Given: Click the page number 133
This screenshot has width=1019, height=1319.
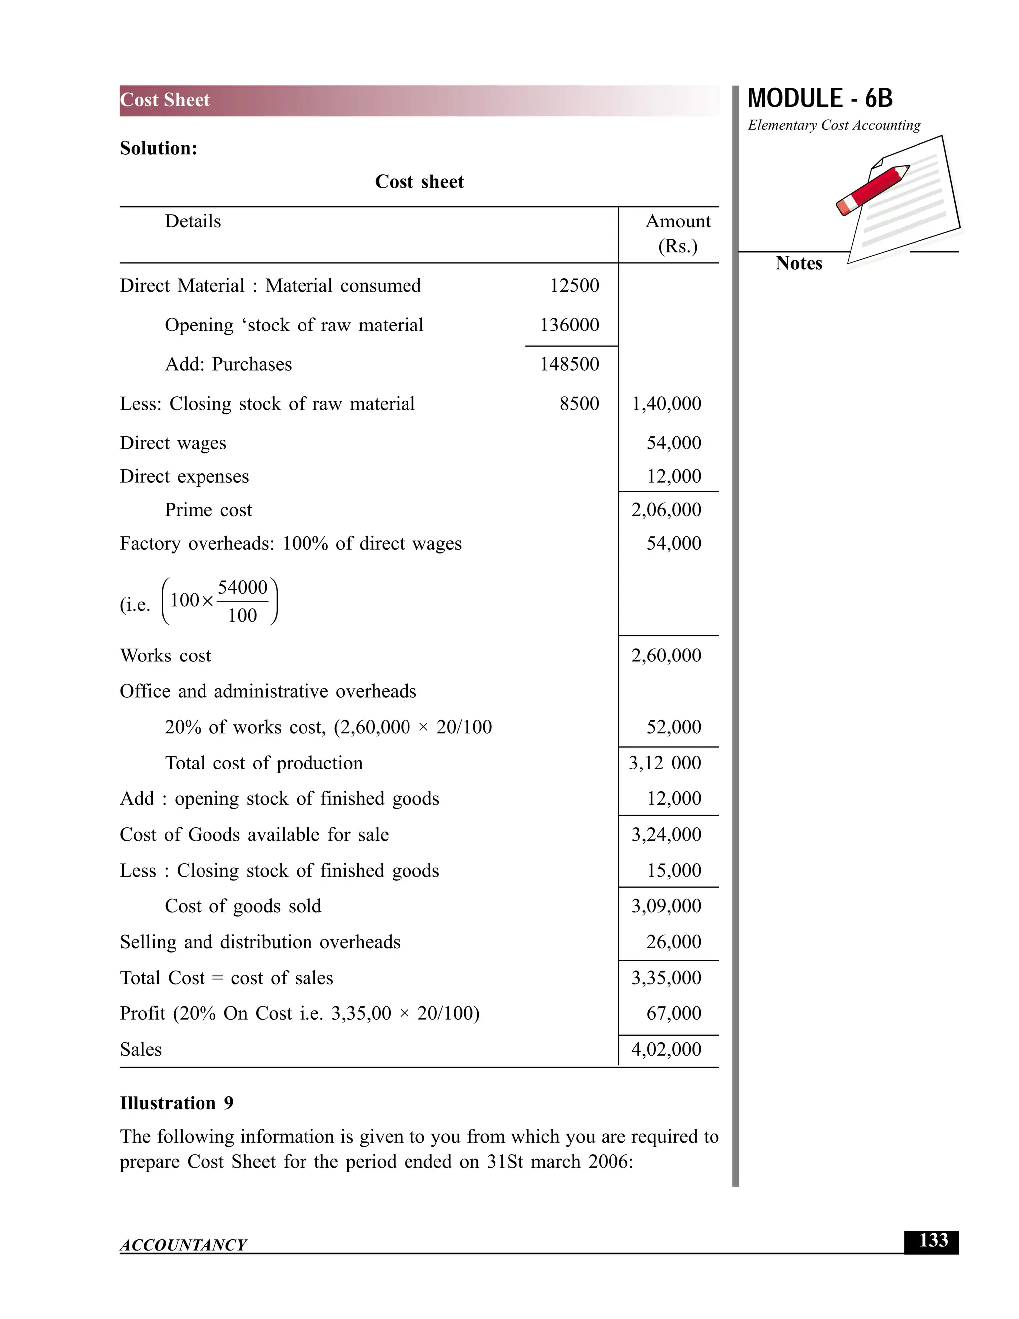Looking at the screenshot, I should pos(933,1241).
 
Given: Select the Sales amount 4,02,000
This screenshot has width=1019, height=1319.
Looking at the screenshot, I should pos(666,1049).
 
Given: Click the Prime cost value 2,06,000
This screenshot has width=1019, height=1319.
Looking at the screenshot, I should pos(666,510).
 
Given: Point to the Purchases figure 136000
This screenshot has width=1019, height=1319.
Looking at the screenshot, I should pos(569,325).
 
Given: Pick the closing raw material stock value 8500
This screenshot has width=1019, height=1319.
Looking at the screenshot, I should pos(579,404).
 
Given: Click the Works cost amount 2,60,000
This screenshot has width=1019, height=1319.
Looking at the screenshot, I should pos(666,656).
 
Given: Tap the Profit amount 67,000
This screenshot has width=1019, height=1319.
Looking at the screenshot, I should pos(673,1013).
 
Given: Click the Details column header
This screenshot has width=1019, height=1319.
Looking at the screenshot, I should pos(193,221).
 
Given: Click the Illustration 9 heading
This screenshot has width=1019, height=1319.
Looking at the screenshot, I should pos(176,1103).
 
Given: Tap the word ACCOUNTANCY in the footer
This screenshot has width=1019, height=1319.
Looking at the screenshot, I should pos(183,1245).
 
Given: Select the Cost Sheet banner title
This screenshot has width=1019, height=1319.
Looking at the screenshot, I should pos(165,100).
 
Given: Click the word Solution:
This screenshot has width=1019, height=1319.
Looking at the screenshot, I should pos(158,148).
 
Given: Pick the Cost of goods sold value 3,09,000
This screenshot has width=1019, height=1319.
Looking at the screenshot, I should pos(666,906).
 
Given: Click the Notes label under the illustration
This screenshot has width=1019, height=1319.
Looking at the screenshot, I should pos(798,263).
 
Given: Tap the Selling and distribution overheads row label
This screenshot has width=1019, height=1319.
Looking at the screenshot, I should pos(260,942).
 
